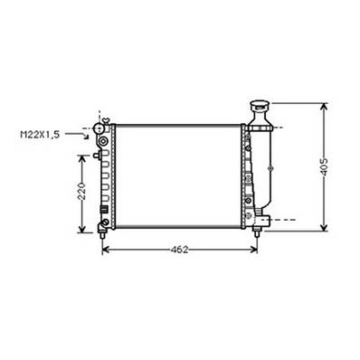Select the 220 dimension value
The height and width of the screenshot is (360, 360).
(81, 192)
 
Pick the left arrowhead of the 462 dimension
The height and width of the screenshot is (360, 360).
(106, 250)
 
